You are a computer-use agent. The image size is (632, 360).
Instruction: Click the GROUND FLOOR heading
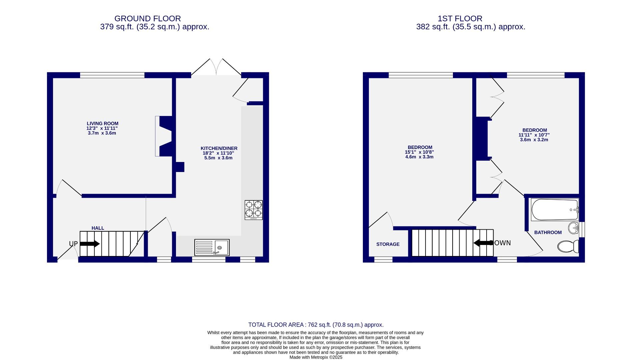(147, 19)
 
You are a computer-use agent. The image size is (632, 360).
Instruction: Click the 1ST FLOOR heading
(460, 19)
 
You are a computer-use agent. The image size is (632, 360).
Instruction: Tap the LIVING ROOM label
(102, 124)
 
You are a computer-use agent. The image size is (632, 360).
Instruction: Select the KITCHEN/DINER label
(219, 148)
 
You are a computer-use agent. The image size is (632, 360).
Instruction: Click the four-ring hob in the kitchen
(253, 210)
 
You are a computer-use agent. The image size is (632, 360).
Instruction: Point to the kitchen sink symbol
(212, 248)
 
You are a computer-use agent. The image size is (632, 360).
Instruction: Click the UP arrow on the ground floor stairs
(90, 244)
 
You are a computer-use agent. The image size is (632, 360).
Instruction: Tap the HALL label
(98, 228)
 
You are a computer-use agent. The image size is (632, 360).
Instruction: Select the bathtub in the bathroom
(554, 210)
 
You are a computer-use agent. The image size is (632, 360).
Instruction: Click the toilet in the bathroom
(568, 247)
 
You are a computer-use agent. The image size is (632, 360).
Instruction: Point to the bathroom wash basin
(574, 228)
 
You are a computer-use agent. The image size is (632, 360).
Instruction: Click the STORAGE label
(388, 244)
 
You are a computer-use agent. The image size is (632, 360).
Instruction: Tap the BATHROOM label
(548, 232)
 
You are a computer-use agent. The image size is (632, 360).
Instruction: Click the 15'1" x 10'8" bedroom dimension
(419, 152)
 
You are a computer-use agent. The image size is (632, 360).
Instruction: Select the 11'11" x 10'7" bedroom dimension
(534, 135)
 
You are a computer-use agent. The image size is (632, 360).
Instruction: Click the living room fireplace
(164, 136)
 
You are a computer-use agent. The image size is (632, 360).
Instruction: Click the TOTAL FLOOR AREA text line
(315, 325)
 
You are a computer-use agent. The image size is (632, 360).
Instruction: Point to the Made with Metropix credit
(315, 357)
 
